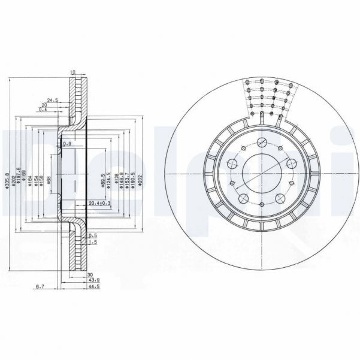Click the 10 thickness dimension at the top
[73, 73]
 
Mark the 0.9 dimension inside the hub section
[66, 144]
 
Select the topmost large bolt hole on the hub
[262, 143]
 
